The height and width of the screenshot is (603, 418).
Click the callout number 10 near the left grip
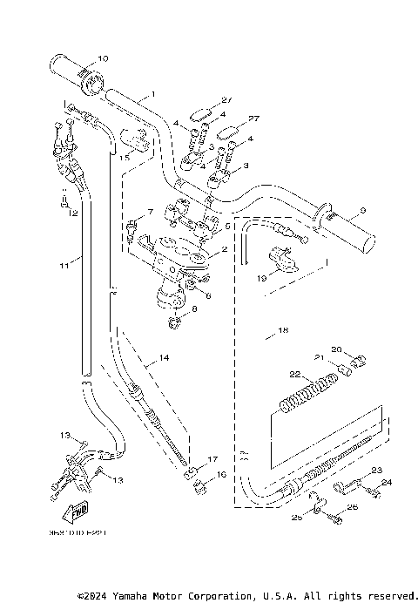coord(103,59)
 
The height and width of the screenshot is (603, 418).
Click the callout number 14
coord(163,358)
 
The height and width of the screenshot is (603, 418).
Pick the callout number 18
coord(281,331)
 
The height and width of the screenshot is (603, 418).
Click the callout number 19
coord(261,279)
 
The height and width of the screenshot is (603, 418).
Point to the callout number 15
coord(125,157)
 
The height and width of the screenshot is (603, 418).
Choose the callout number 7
coord(149,212)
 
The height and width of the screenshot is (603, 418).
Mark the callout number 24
coord(387,483)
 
